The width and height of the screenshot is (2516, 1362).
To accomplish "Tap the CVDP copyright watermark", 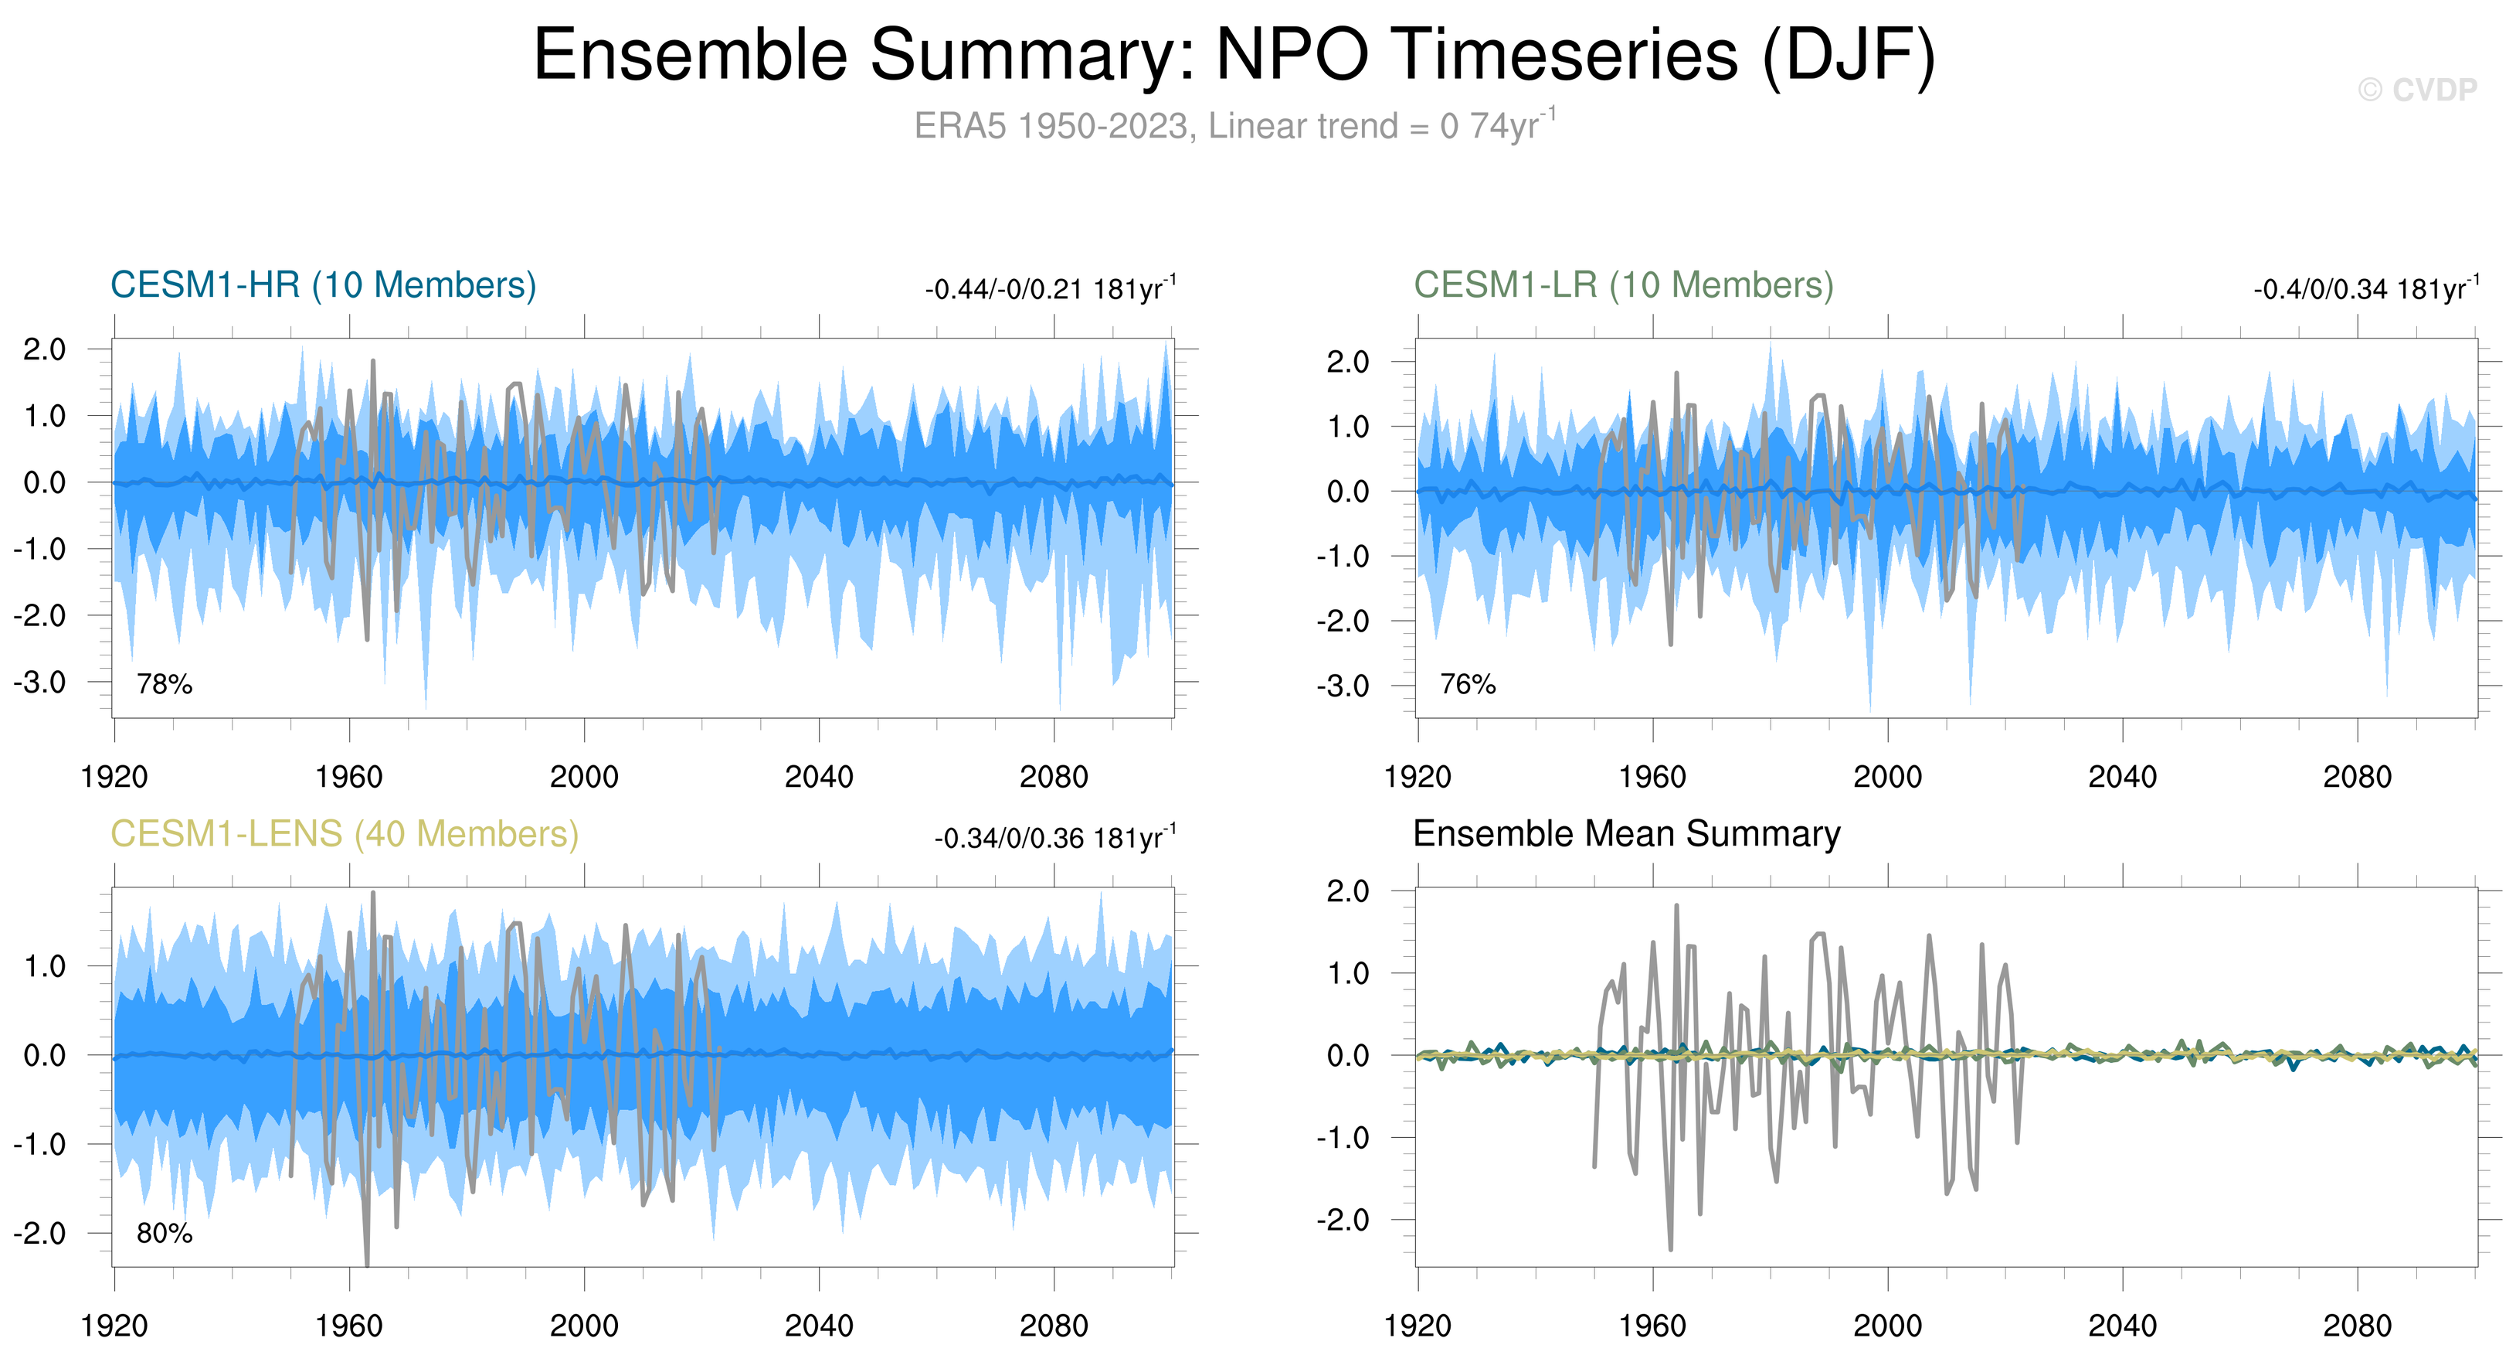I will click(x=2417, y=90).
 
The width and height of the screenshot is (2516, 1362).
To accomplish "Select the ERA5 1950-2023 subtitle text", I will click(x=1234, y=126).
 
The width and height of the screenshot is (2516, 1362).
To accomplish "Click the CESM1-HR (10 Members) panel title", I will click(x=324, y=285).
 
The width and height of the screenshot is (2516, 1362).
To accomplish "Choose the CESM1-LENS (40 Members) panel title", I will click(x=344, y=834).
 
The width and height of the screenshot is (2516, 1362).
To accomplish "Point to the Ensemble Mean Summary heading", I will click(x=1626, y=834).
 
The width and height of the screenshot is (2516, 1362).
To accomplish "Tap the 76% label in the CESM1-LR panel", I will click(x=1468, y=684).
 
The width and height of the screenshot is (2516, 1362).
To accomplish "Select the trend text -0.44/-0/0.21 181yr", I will click(x=1050, y=289).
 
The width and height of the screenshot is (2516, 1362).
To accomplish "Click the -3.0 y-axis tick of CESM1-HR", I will click(x=40, y=682).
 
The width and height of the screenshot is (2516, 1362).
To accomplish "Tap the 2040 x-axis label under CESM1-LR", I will click(x=2122, y=778).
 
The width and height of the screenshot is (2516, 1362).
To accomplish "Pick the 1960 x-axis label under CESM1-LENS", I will click(x=348, y=1326).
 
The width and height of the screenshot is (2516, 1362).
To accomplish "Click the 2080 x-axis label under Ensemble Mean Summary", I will click(x=2357, y=1326).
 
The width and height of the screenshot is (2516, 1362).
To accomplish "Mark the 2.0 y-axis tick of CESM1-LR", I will click(x=1348, y=362).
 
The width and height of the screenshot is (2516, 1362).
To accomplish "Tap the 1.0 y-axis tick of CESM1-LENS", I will click(x=45, y=966).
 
